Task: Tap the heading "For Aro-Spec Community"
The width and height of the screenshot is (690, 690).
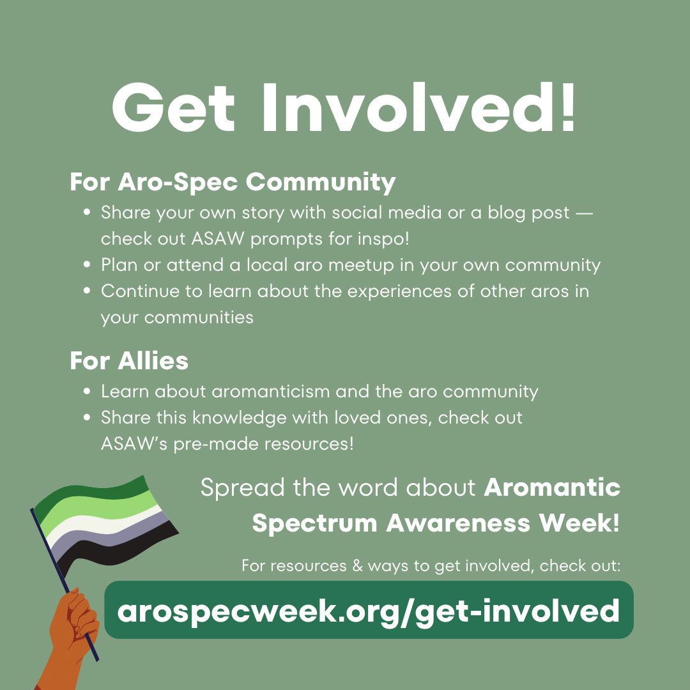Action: [233, 183]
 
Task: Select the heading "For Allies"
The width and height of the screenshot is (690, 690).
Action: [129, 361]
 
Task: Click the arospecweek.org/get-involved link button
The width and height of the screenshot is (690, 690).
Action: [369, 610]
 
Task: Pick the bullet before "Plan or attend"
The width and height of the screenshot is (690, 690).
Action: [86, 265]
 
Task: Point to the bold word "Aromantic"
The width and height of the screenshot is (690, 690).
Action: [552, 488]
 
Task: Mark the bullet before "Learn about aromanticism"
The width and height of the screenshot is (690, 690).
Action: [86, 392]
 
